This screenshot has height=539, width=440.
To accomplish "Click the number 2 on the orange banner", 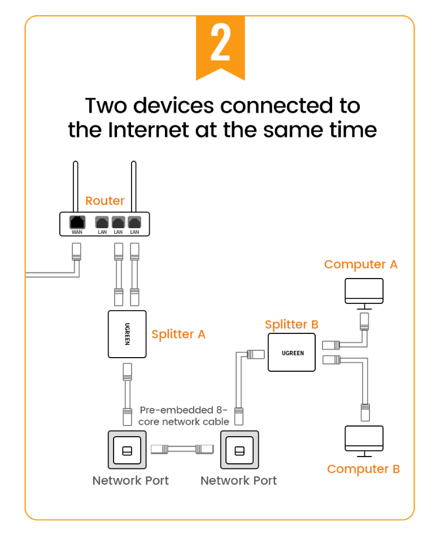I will [x=220, y=43].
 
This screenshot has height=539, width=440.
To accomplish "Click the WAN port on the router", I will [x=77, y=222].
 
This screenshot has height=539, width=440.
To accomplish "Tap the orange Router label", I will [x=104, y=201].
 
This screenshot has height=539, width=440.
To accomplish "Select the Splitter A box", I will [x=127, y=334].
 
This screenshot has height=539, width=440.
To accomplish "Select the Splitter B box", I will [x=292, y=352].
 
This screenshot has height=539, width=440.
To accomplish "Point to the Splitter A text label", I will [x=178, y=334].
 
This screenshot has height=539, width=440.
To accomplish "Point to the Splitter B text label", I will [x=291, y=324].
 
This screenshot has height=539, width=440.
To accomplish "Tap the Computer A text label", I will [x=360, y=264].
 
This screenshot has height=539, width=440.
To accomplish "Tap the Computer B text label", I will [x=363, y=469].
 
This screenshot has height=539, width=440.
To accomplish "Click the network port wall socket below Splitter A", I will [x=127, y=450].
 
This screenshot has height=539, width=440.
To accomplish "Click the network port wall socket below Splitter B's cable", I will [x=239, y=450].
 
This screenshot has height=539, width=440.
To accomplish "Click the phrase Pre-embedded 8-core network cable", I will [x=184, y=416].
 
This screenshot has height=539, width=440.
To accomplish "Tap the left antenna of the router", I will [x=75, y=186].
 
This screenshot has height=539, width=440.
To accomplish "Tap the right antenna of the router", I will [x=133, y=186].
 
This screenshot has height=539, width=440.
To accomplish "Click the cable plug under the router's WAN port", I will [x=77, y=251].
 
